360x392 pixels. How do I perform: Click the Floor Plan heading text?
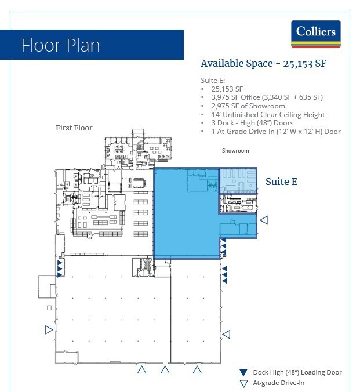point(60,45)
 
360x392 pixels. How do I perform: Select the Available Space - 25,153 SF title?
point(263,64)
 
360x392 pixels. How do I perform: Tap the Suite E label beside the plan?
point(281,182)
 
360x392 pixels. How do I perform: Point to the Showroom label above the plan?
point(235,151)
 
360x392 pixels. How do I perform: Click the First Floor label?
point(74,128)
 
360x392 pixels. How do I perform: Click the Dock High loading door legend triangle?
point(244,372)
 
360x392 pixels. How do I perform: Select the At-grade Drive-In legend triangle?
point(244,383)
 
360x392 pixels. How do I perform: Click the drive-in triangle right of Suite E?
point(264,220)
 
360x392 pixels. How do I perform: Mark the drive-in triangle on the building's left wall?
point(49,330)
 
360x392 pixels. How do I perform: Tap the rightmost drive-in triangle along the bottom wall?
point(197,369)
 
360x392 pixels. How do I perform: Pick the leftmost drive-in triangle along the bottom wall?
point(140,369)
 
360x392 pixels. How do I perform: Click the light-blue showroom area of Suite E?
point(238,180)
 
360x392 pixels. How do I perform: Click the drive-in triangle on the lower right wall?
point(227,334)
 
